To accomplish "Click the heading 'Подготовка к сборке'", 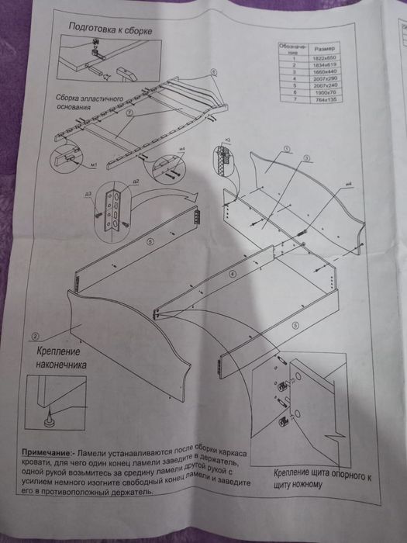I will pyautogui.click(x=109, y=29).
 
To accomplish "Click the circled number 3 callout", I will pyautogui.click(x=307, y=158).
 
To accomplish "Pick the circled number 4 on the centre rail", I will pyautogui.click(x=232, y=275).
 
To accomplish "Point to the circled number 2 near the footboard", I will pyautogui.click(x=36, y=337).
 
